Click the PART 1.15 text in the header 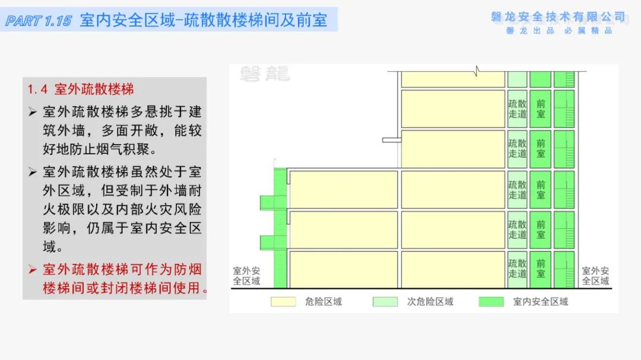coord(39,21)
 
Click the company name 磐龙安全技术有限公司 coord(559,17)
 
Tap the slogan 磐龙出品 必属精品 coord(559,31)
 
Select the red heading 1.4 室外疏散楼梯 coord(81,90)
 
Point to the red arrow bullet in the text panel coord(33,269)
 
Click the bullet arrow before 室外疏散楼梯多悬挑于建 coord(33,111)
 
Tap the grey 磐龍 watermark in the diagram coord(265,74)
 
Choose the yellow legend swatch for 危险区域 coord(283,301)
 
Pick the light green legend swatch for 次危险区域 coord(385,301)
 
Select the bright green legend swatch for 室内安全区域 coord(491,301)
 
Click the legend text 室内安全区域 coord(540,301)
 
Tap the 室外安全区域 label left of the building coord(246,275)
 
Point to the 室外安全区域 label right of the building coord(596,275)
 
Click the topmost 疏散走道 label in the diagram coord(518,109)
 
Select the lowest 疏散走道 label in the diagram coord(518,268)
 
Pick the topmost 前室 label coord(541,109)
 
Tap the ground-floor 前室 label coord(541,268)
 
